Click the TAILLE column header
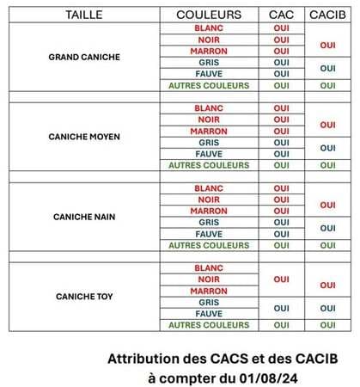pyautogui.click(x=83, y=15)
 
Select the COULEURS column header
pyautogui.click(x=209, y=15)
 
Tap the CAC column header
pyautogui.click(x=281, y=15)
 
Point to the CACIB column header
pyautogui.click(x=327, y=15)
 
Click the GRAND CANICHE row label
pyautogui.click(x=84, y=57)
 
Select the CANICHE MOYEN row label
pyautogui.click(x=84, y=137)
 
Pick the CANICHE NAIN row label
pyautogui.click(x=84, y=217)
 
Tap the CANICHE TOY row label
pyautogui.click(x=84, y=297)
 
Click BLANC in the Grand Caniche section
pyautogui.click(x=209, y=28)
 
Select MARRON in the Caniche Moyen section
pyautogui.click(x=209, y=131)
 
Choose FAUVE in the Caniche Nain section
pyautogui.click(x=209, y=234)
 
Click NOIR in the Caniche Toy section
pyautogui.click(x=209, y=279)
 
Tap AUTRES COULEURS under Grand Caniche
pyautogui.click(x=209, y=85)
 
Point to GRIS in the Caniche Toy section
pyautogui.click(x=209, y=302)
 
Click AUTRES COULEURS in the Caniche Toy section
pyautogui.click(x=209, y=325)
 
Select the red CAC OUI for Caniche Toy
pyautogui.click(x=281, y=279)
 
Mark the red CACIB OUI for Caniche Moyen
pyautogui.click(x=327, y=125)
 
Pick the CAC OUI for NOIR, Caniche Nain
pyautogui.click(x=281, y=200)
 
